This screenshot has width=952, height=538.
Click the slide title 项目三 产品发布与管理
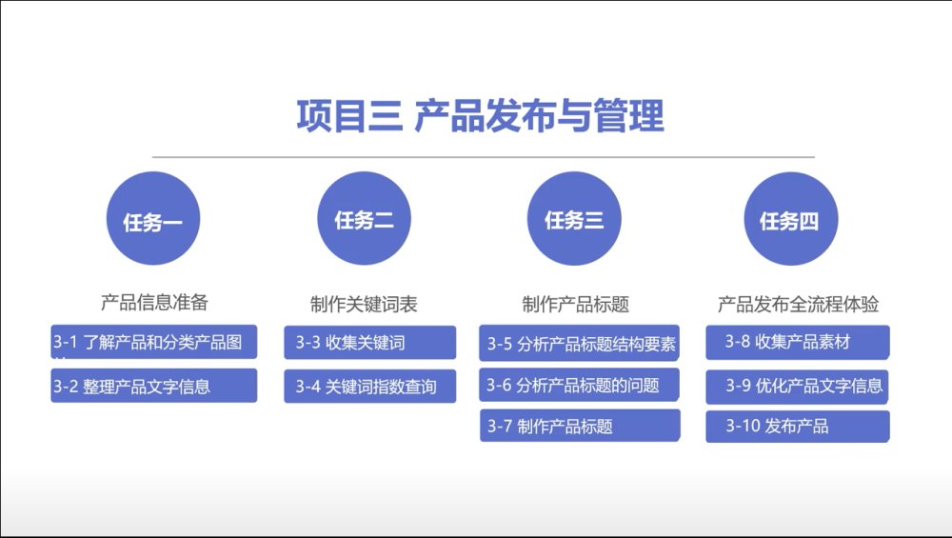tap(480, 116)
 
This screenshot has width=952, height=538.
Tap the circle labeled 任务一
tap(153, 219)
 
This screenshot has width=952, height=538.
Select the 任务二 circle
tap(365, 219)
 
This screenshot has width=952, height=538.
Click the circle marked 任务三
tap(574, 219)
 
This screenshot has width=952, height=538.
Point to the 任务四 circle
tap(790, 219)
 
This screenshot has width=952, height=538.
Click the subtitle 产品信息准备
tap(154, 302)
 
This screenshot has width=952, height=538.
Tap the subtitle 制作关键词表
tap(364, 304)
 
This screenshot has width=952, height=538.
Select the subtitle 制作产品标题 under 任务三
tap(576, 304)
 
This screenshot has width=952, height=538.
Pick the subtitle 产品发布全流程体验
tap(798, 304)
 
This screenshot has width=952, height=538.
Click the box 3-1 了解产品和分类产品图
tap(153, 342)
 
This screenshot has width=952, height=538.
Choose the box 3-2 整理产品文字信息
tap(153, 386)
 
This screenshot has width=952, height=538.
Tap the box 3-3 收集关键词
tap(369, 343)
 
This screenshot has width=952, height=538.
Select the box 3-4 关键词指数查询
tap(369, 387)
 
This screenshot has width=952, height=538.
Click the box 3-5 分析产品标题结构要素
tap(579, 343)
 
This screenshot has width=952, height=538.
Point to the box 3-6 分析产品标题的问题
tap(579, 385)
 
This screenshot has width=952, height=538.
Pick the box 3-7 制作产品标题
tap(580, 425)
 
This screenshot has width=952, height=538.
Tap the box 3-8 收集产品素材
tap(797, 342)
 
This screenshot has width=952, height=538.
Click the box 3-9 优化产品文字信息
tap(797, 387)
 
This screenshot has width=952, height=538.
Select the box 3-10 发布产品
tap(797, 427)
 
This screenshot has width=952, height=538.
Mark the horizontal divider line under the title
tap(484, 157)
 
